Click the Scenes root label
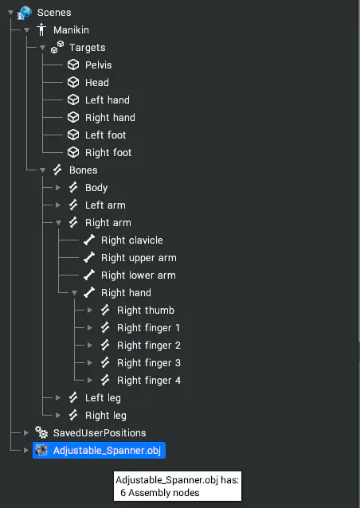(54, 13)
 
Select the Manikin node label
(71, 30)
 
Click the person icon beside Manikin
(41, 29)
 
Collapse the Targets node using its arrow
(42, 48)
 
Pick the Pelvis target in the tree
(99, 65)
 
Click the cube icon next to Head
(73, 82)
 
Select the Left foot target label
(106, 135)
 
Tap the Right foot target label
(108, 153)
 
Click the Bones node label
(84, 170)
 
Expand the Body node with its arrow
(58, 188)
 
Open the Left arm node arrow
(58, 205)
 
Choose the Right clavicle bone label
(132, 240)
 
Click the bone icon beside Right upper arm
(89, 257)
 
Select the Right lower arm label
(139, 275)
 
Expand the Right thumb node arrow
(90, 311)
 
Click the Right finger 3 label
(149, 363)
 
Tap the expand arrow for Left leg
(58, 398)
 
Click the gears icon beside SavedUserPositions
(41, 432)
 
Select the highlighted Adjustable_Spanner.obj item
(99, 451)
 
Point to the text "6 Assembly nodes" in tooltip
(160, 493)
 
